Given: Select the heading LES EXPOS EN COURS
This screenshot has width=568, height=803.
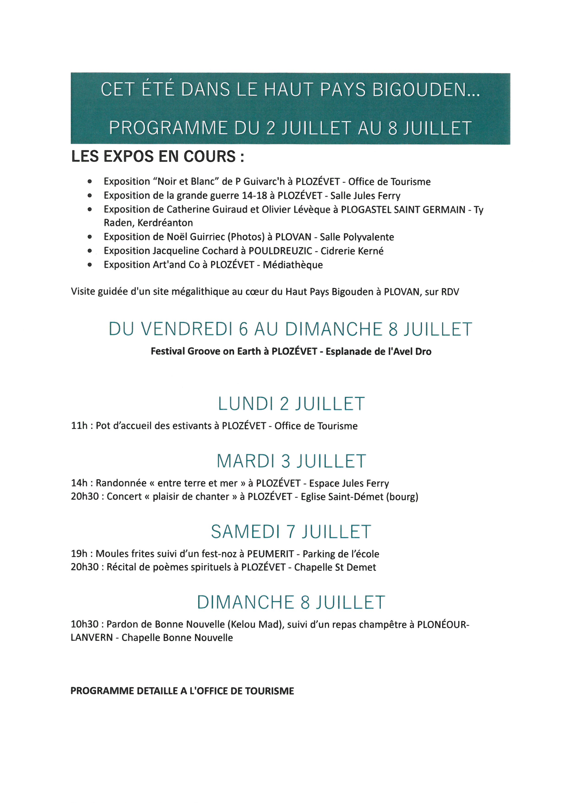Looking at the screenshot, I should [x=157, y=156].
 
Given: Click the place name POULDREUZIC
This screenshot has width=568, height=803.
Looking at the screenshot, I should [x=281, y=251].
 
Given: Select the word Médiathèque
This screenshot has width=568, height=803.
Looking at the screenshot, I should [x=293, y=265].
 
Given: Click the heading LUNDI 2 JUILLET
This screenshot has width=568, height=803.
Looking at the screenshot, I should [x=291, y=404].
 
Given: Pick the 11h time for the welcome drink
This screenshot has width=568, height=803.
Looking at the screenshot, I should [x=79, y=426].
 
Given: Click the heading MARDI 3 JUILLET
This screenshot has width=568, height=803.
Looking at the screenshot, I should [x=291, y=461].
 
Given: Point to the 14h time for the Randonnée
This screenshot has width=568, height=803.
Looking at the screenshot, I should [x=79, y=483].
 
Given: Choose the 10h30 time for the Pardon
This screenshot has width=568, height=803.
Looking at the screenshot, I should [x=85, y=624].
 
